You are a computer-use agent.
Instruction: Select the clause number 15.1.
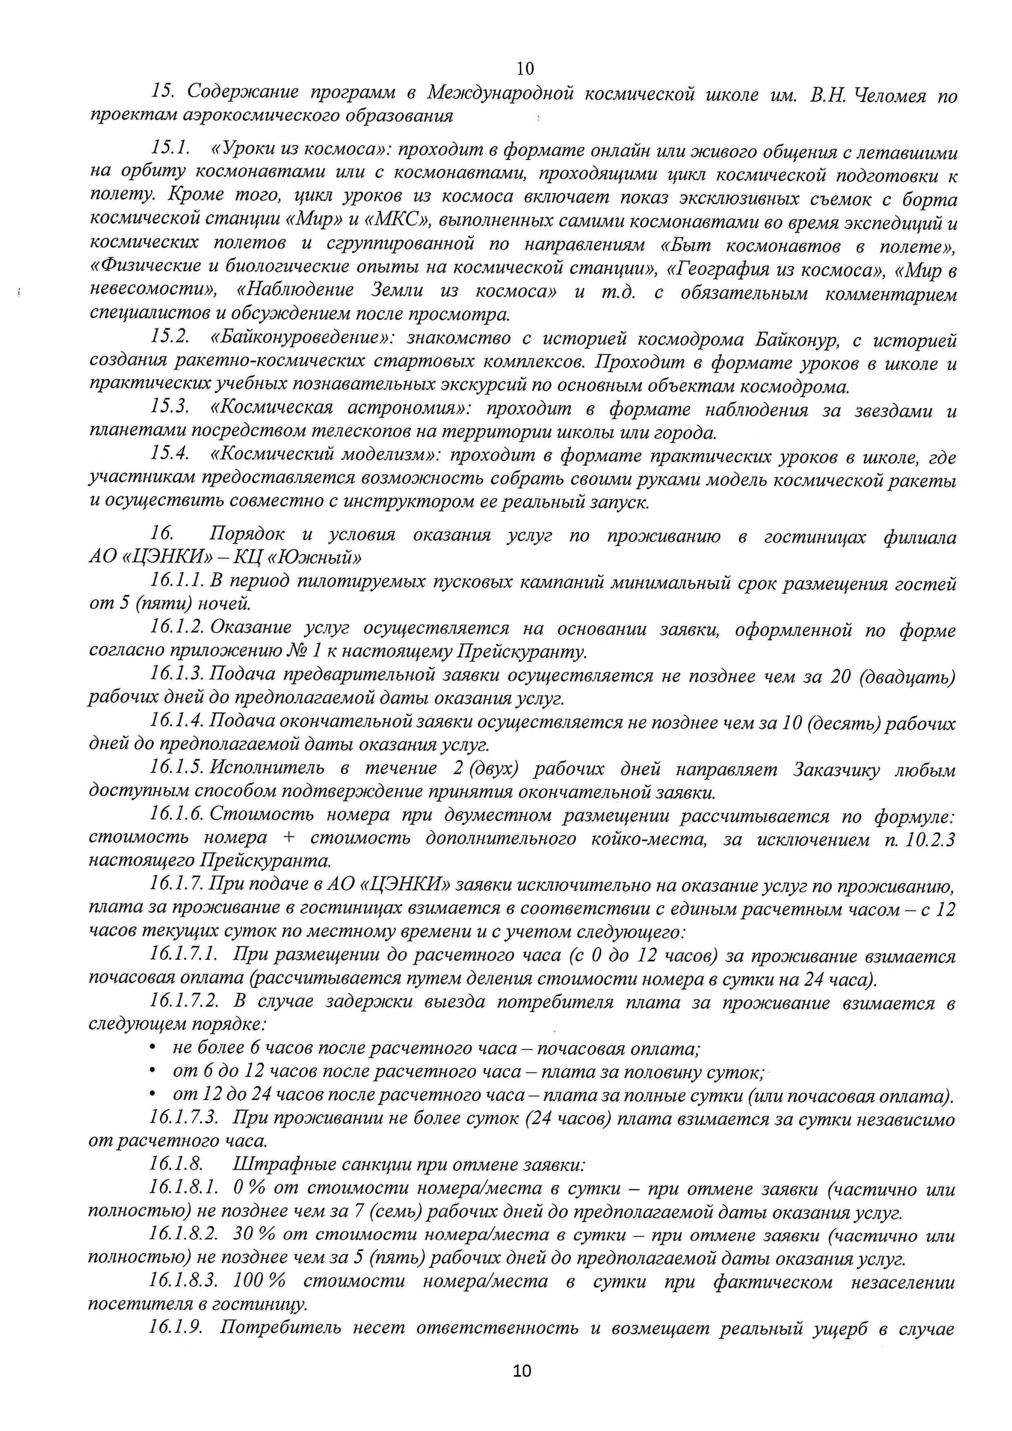coord(169,150)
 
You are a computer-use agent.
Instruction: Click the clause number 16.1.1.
coord(177,581)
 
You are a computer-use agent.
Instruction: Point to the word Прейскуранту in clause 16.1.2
coord(522,652)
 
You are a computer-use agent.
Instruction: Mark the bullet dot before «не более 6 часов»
coord(152,1049)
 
